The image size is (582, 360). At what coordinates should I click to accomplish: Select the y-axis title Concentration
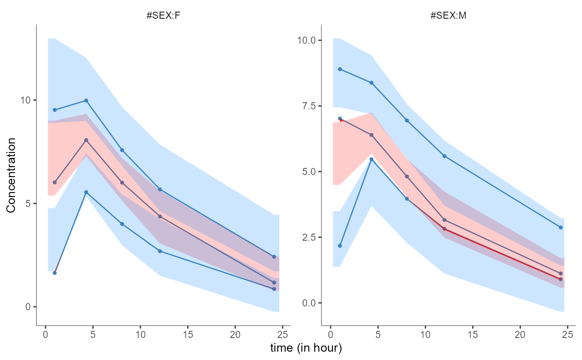[x=11, y=175]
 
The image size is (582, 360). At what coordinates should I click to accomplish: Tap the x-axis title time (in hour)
[x=306, y=348]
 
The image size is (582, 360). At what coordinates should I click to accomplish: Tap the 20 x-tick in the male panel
[x=520, y=335]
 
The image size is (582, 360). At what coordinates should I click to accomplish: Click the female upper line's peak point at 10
[x=86, y=100]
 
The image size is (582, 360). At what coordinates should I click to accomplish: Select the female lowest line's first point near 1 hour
[x=54, y=273]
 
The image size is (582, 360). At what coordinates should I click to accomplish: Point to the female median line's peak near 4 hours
[x=86, y=140]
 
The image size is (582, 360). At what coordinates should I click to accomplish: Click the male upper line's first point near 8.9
[x=340, y=69]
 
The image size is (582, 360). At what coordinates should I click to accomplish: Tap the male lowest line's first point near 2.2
[x=340, y=246]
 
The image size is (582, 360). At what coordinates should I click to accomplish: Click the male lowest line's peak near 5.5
[x=371, y=159]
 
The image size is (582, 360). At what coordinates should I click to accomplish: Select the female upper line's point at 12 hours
[x=160, y=189]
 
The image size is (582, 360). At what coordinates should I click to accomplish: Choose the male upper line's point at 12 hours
[x=444, y=156]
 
